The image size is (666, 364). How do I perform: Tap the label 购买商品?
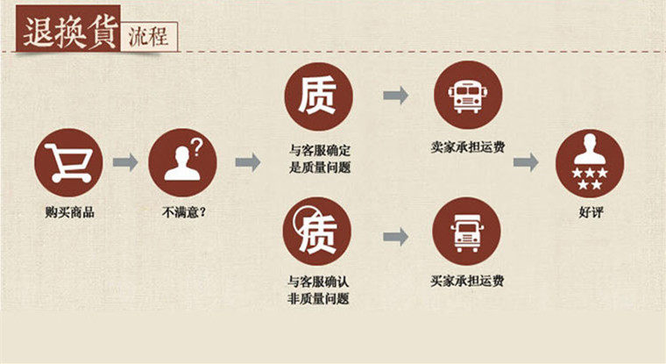[69, 211]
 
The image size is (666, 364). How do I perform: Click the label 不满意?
[183, 211]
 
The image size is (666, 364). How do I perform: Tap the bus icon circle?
[466, 96]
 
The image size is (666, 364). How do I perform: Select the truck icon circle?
[466, 232]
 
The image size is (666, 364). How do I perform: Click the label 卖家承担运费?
[467, 150]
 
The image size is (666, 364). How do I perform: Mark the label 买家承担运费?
[467, 282]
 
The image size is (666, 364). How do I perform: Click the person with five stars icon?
[591, 162]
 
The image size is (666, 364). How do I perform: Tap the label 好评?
[591, 211]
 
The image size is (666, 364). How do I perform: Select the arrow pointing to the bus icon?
[395, 96]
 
